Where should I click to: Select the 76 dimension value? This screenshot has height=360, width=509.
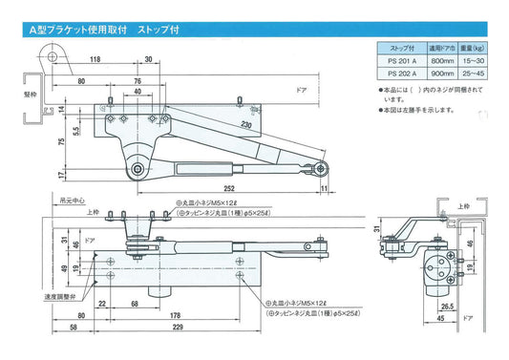138,82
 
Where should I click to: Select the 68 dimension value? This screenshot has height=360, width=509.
136,304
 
